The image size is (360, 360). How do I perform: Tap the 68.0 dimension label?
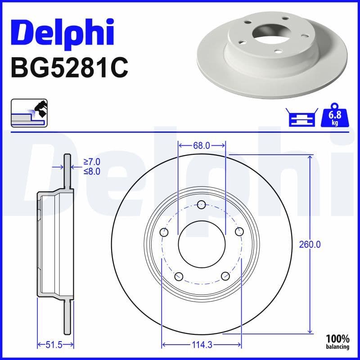(x=201, y=145)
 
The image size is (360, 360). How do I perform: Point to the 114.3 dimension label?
(x=201, y=345)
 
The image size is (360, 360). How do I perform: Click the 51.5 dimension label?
(x=54, y=345)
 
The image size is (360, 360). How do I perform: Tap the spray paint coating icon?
(x=29, y=113)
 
